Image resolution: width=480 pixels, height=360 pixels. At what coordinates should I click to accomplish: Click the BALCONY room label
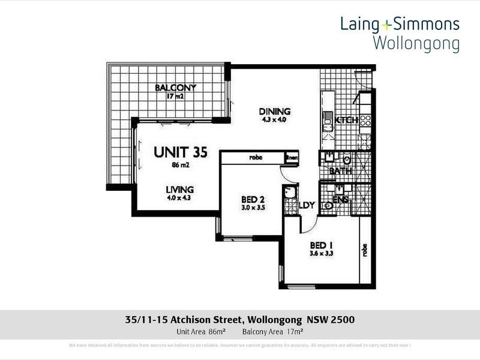point(176,88)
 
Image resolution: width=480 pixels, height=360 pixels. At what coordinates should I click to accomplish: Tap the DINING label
point(275,112)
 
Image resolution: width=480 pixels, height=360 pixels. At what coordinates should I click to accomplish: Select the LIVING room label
point(180,190)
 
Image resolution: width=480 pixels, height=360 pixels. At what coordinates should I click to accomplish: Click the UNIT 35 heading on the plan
point(181,152)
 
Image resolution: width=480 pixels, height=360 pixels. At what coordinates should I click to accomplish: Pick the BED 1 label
point(322,245)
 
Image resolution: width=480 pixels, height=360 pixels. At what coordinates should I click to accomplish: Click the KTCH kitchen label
point(347,121)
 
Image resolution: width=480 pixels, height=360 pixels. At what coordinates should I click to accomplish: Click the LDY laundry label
point(307,205)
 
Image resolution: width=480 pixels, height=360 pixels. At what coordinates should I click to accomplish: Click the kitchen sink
point(328,120)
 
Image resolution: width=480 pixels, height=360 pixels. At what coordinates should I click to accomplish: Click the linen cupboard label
point(292,158)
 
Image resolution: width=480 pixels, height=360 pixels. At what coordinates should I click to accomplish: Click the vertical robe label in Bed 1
point(364,250)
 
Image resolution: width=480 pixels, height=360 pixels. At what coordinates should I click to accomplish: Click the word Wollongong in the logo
point(416,43)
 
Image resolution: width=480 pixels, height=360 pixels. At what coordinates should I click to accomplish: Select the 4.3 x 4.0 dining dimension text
point(275,121)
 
